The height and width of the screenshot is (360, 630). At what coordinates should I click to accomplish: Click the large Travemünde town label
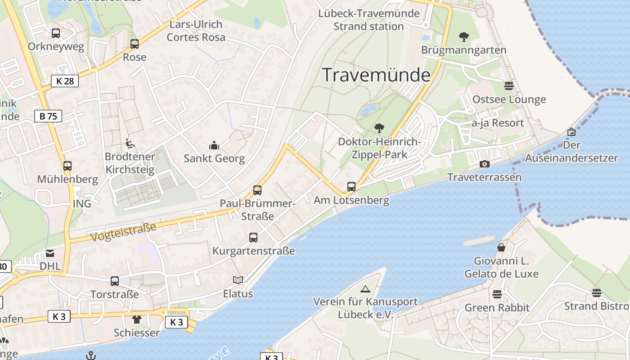377,75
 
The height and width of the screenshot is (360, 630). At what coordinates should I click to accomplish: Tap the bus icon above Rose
135,44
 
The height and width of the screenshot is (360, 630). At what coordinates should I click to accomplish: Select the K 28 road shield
65,81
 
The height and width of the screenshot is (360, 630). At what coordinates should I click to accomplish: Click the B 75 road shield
48,116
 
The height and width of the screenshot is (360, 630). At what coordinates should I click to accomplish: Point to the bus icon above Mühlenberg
67,166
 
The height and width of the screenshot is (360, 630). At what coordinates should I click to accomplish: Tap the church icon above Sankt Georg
214,145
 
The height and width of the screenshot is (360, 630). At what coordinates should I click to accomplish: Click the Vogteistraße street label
123,231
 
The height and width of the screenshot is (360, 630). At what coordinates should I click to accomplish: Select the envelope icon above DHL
50,253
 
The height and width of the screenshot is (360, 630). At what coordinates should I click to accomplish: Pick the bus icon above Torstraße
115,281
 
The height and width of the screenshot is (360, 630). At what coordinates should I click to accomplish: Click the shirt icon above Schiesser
137,319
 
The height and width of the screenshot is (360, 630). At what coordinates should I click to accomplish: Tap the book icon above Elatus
238,280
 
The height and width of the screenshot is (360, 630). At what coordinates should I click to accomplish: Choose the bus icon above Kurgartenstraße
253,238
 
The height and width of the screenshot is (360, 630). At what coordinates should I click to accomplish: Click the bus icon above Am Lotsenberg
351,187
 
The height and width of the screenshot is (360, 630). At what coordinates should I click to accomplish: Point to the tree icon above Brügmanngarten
464,36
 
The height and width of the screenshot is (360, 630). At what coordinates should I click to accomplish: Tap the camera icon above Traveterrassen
485,164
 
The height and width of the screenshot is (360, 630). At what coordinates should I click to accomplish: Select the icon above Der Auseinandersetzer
571,132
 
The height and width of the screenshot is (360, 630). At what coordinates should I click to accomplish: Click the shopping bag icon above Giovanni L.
501,247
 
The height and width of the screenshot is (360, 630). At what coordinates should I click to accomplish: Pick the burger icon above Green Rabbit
497,294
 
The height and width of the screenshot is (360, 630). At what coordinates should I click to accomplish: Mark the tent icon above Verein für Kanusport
365,289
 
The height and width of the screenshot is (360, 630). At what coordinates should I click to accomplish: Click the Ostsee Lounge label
509,99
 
